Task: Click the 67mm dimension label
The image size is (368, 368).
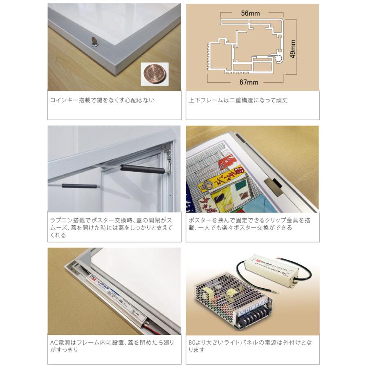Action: [x=249, y=82]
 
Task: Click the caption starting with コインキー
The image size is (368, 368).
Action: [x=102, y=100]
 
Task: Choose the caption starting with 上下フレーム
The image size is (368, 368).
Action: [x=238, y=100]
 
